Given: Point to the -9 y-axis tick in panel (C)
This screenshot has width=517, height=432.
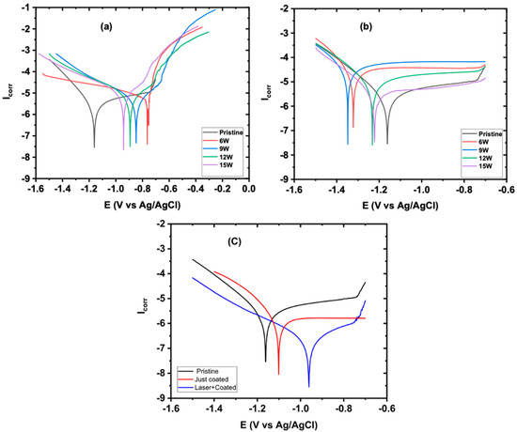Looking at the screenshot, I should click(x=160, y=398).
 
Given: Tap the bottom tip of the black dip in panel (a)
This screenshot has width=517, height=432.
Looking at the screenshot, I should click(x=94, y=147).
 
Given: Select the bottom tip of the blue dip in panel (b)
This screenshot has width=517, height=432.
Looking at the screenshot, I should click(x=347, y=144).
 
